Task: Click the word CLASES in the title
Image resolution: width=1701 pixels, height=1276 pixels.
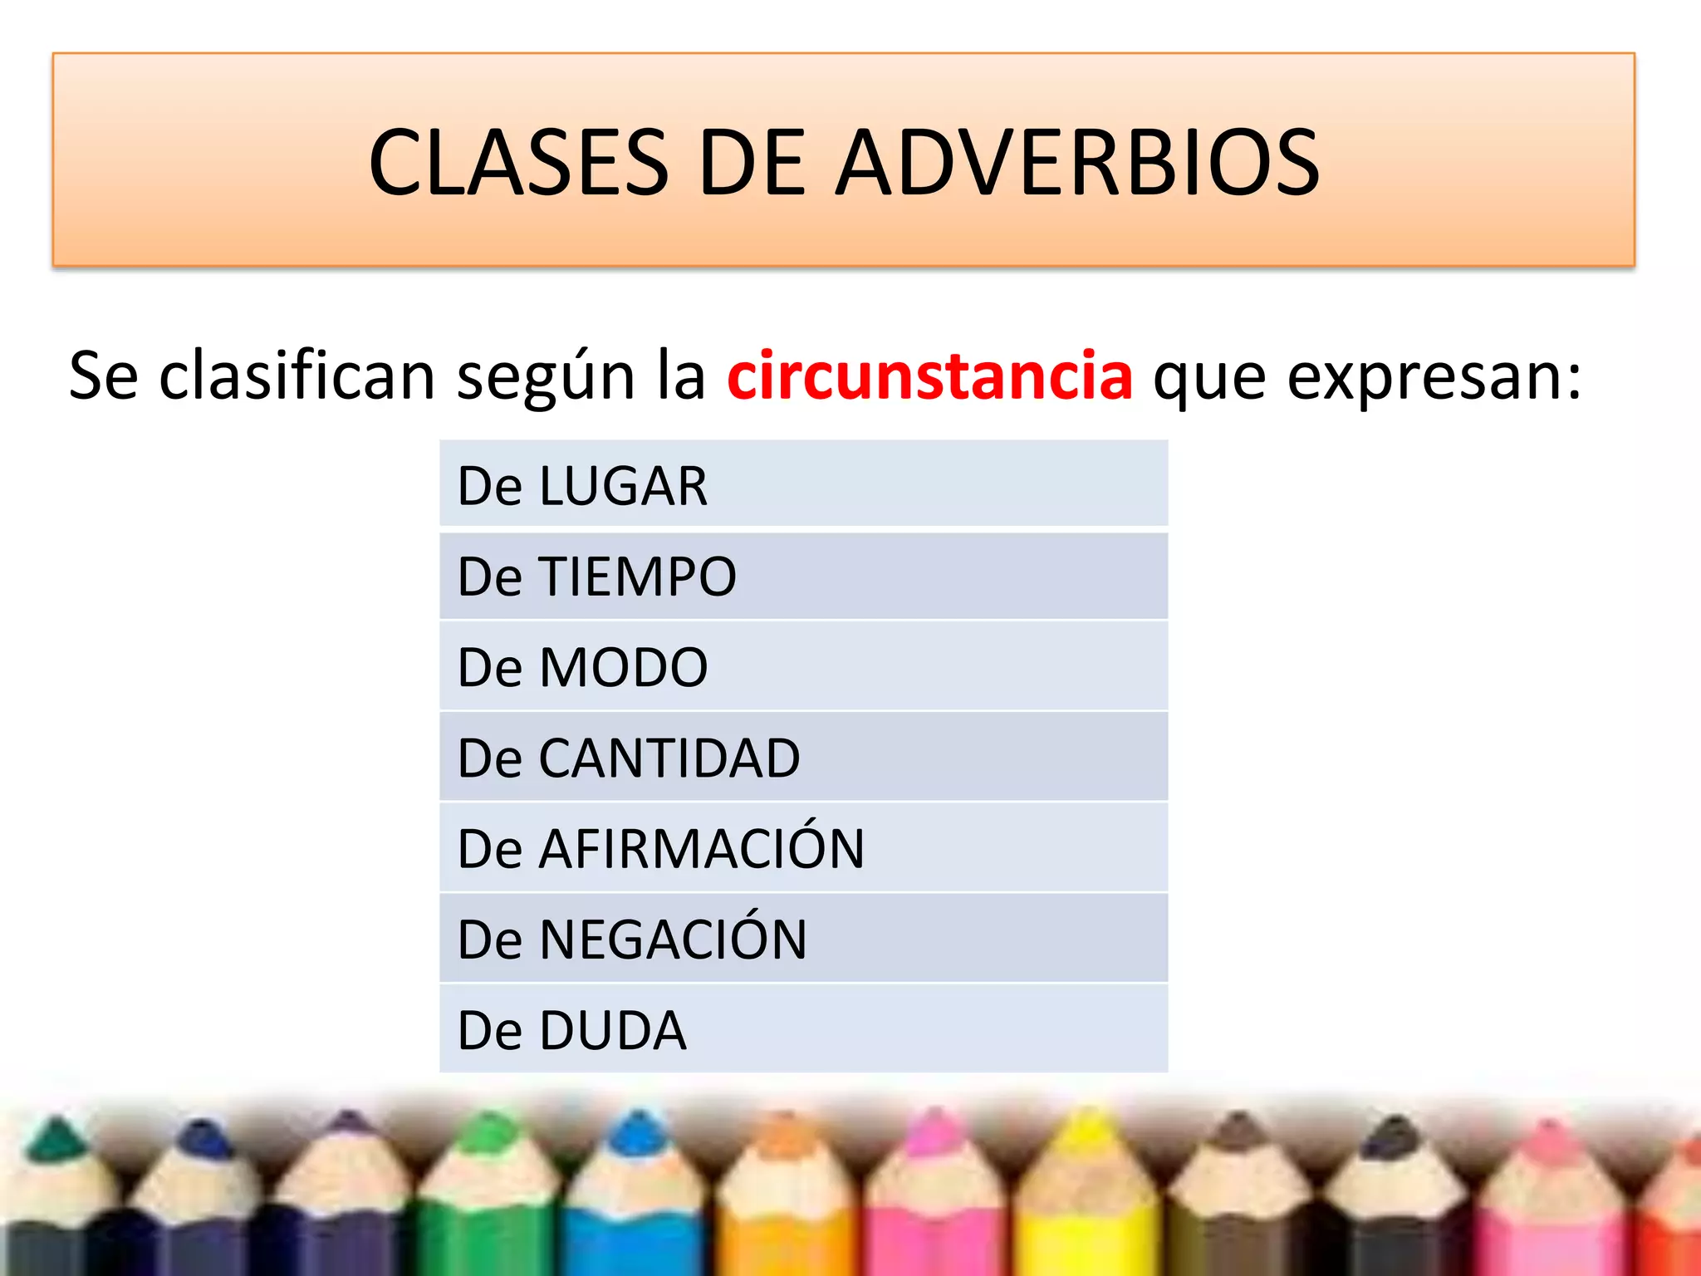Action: [x=518, y=163]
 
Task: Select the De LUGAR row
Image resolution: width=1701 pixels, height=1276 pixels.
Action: [x=802, y=485]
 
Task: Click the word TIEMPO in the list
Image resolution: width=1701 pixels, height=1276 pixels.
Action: [x=638, y=577]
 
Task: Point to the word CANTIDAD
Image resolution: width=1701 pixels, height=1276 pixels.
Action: [x=669, y=758]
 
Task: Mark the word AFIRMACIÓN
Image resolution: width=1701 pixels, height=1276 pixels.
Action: [x=701, y=849]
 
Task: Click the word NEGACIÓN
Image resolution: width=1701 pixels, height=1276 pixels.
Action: [x=673, y=940]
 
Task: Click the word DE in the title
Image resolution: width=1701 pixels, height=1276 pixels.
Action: [x=752, y=163]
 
